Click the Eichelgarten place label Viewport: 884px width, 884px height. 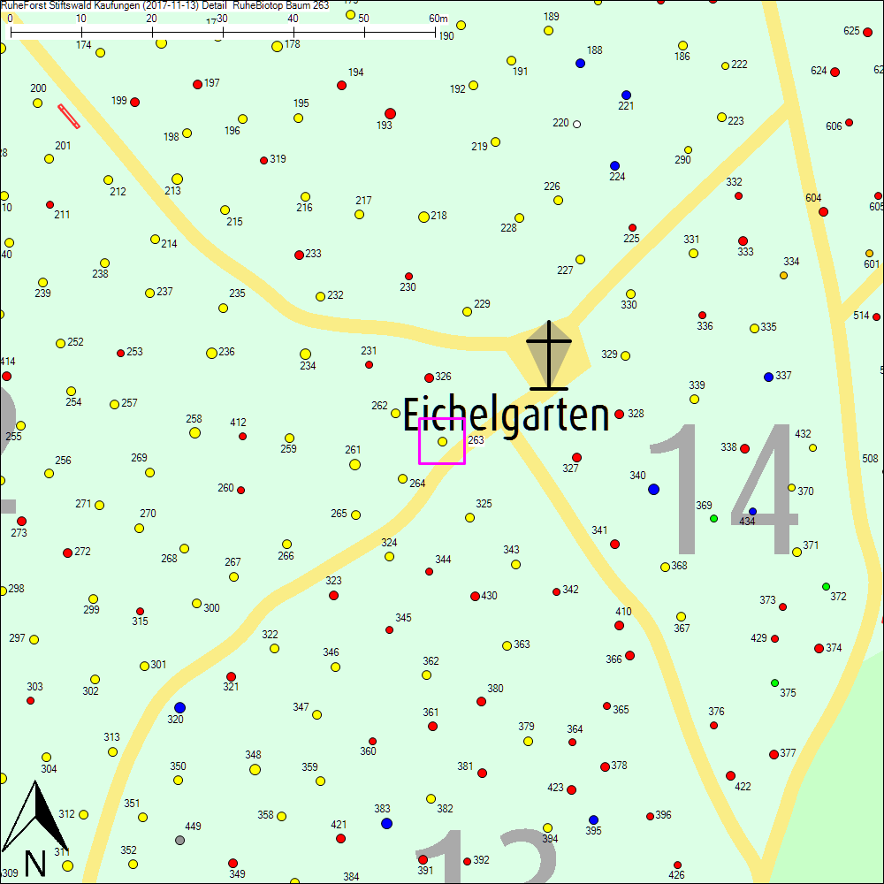tap(506, 415)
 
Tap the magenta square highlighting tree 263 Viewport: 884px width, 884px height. tap(442, 440)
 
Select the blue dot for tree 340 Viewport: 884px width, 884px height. tap(653, 489)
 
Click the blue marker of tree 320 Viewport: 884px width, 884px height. tap(179, 707)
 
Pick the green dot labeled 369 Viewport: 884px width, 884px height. tap(713, 518)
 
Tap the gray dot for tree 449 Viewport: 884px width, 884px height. tap(179, 840)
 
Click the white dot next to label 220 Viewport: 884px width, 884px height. tap(576, 124)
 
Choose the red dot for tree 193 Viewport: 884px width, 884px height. tap(390, 113)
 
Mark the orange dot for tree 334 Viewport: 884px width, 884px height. tap(783, 275)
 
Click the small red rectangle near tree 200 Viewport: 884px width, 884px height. tap(69, 116)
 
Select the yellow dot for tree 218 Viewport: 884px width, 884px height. tap(423, 217)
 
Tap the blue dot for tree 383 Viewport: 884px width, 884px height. tap(386, 823)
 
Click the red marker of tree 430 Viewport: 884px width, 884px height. tap(475, 596)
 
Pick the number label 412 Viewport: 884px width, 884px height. tap(238, 423)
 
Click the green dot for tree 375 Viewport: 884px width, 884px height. tap(774, 682)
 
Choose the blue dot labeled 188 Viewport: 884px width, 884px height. tap(580, 63)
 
